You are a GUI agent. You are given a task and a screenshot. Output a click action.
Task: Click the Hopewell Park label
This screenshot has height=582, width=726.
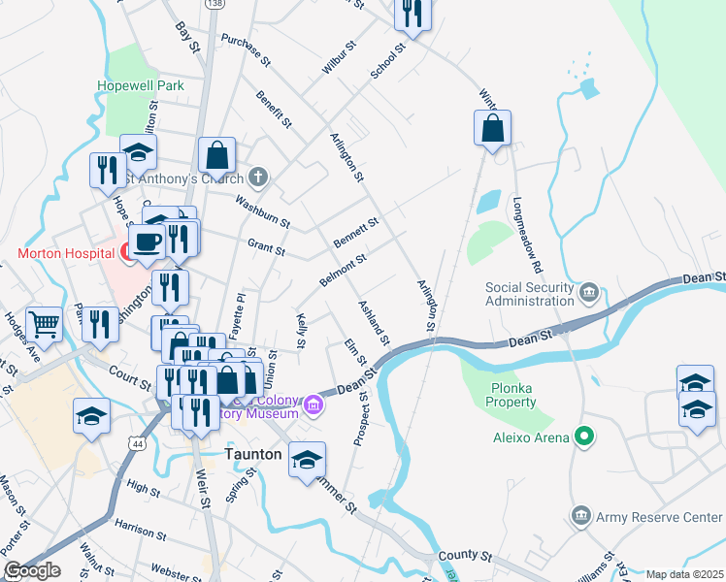140,85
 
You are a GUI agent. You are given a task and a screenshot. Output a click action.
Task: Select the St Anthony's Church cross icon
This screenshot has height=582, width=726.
257,178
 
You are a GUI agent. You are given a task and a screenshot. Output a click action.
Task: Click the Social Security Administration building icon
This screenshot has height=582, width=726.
588,292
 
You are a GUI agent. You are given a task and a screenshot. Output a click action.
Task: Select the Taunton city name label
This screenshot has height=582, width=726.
253,454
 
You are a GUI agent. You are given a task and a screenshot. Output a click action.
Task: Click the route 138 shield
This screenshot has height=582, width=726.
211,5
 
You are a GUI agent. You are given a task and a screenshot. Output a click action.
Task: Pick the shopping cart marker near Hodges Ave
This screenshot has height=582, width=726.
44,322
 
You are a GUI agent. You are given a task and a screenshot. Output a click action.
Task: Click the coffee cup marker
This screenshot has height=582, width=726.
147,241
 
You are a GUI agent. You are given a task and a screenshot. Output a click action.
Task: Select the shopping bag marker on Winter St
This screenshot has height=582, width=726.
493,127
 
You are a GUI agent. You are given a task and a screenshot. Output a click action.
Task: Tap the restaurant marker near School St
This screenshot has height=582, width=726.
412,14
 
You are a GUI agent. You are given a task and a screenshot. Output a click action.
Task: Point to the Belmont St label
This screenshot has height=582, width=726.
342,268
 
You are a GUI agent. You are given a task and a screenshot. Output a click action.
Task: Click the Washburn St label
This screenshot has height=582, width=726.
262,212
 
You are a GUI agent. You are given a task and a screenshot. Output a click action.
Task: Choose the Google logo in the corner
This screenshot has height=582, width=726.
31,570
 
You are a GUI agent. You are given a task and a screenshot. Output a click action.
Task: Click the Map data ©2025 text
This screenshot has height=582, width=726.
684,574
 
